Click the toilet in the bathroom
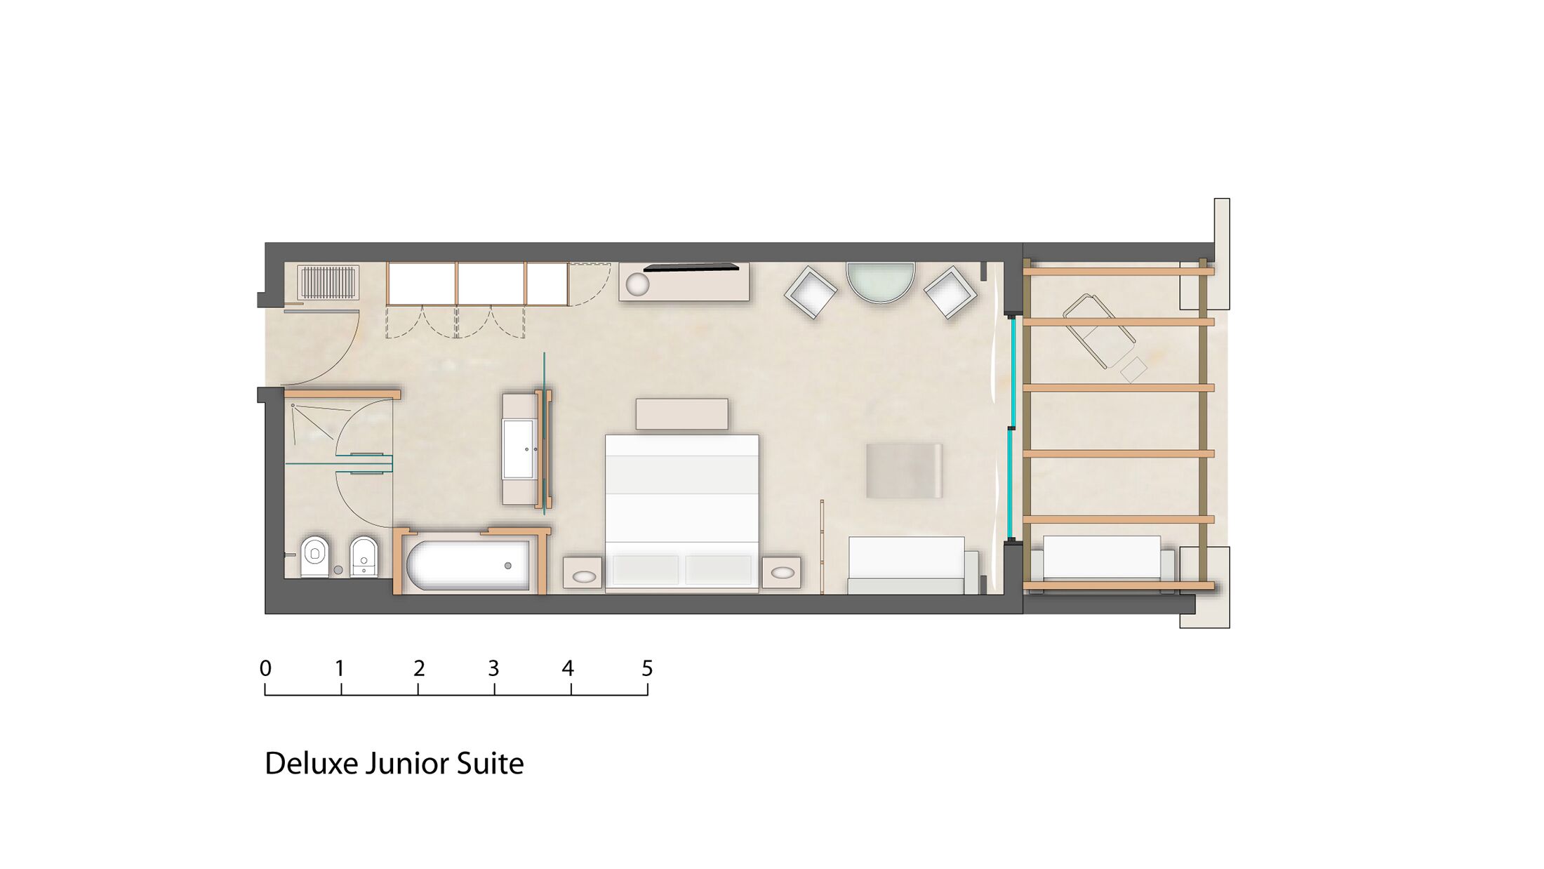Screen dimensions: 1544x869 pos(315,557)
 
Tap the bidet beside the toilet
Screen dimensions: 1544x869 pos(364,557)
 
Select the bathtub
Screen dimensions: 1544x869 pos(468,565)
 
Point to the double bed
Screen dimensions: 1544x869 pos(682,514)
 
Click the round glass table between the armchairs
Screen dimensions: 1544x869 pos(881,282)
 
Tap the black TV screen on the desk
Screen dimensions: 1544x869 pos(691,267)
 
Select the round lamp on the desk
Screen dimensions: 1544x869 pos(638,284)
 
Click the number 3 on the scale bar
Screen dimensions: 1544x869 pos(493,669)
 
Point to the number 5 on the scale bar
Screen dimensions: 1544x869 pos(647,669)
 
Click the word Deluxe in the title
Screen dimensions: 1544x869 pos(312,764)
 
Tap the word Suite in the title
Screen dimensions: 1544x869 pos(490,764)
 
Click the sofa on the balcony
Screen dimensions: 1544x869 pos(1102,564)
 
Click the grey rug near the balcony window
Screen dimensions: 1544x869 pos(904,471)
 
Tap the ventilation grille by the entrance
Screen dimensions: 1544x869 pos(328,282)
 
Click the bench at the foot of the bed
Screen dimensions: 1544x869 pos(681,414)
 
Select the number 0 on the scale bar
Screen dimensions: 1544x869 pos(265,669)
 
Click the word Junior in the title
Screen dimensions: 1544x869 pos(408,764)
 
